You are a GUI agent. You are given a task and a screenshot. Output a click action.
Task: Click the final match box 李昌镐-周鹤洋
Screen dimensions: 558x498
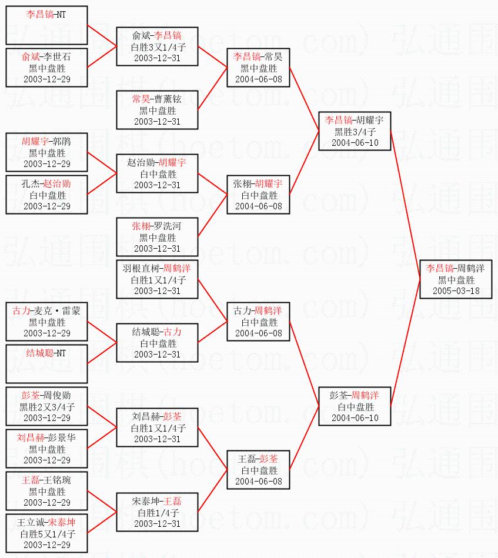coord(456,279)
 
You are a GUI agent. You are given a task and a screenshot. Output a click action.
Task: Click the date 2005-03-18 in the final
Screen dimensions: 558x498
coord(456,290)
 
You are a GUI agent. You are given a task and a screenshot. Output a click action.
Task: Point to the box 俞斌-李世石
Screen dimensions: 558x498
coord(46,68)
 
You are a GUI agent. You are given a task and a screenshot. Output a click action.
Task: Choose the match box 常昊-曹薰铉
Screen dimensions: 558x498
coord(157,110)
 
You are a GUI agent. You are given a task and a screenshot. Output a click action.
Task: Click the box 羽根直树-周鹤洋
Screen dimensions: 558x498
coord(157,279)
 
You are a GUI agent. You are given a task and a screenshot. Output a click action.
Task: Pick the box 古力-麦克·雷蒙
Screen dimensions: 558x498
coord(46,322)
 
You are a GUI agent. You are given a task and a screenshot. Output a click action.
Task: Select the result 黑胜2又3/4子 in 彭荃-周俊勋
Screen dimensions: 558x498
coord(46,407)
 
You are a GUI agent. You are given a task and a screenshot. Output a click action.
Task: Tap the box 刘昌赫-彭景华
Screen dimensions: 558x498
coord(46,449)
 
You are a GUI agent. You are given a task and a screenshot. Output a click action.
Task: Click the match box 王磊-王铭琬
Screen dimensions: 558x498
coord(46,491)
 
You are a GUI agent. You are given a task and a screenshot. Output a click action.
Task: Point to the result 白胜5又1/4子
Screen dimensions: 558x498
coord(46,534)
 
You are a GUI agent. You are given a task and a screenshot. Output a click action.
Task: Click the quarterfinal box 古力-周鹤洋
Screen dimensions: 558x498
coord(257,322)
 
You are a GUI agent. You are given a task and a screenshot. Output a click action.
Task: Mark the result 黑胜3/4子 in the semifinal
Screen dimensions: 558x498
coord(354,132)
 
